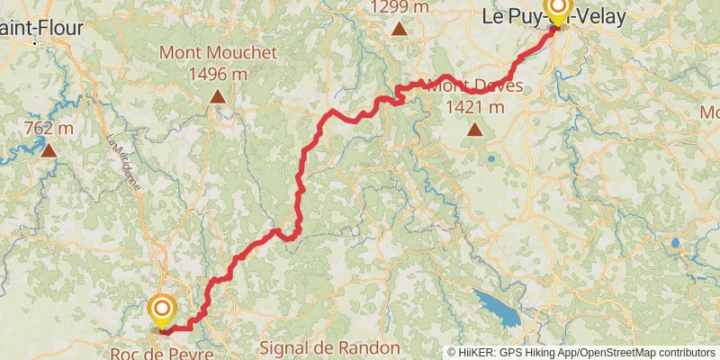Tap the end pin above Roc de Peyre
(162, 310)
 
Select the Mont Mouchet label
(218, 52)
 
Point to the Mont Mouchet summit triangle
(218, 94)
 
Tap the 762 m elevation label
(48, 129)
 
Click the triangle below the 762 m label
(49, 149)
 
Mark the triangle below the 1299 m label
(399, 29)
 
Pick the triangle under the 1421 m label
(474, 130)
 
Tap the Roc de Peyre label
(162, 353)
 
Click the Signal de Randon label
(328, 347)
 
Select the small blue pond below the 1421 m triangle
(491, 160)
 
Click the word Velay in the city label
(604, 15)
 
